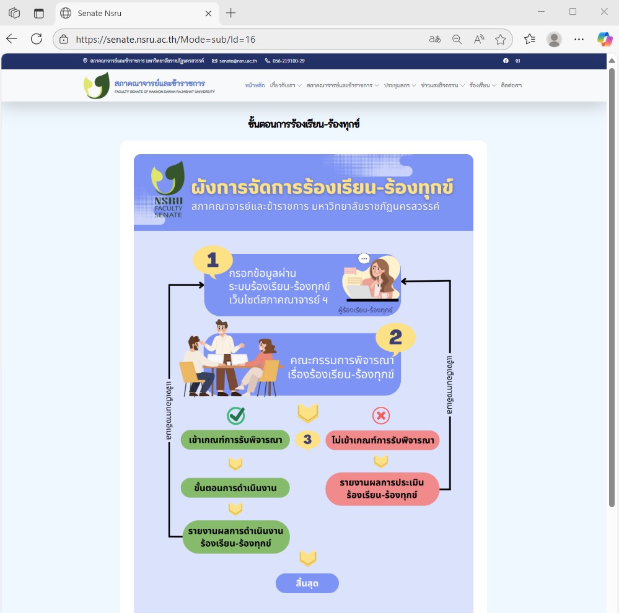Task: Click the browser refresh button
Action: pyautogui.click(x=37, y=39)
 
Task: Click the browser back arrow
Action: pyautogui.click(x=12, y=39)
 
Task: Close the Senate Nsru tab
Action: pyautogui.click(x=209, y=13)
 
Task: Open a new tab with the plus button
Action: pyautogui.click(x=231, y=13)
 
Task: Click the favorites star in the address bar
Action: pyautogui.click(x=501, y=39)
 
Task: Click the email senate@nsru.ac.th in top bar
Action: pyautogui.click(x=235, y=61)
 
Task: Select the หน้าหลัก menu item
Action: pyautogui.click(x=255, y=85)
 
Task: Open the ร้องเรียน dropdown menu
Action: pyautogui.click(x=483, y=85)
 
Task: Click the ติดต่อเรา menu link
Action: pyautogui.click(x=512, y=85)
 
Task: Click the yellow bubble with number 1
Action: pyautogui.click(x=213, y=261)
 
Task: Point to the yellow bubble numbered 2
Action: pyautogui.click(x=395, y=337)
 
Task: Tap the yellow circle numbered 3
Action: pyautogui.click(x=307, y=440)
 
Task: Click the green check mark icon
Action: pyautogui.click(x=235, y=415)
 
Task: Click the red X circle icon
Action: pyautogui.click(x=380, y=415)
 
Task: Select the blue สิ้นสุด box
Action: pyautogui.click(x=307, y=583)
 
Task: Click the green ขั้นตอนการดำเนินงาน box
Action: pyautogui.click(x=235, y=488)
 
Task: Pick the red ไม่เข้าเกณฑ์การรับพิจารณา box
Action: pyautogui.click(x=382, y=440)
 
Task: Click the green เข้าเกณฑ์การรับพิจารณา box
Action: pyautogui.click(x=235, y=440)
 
